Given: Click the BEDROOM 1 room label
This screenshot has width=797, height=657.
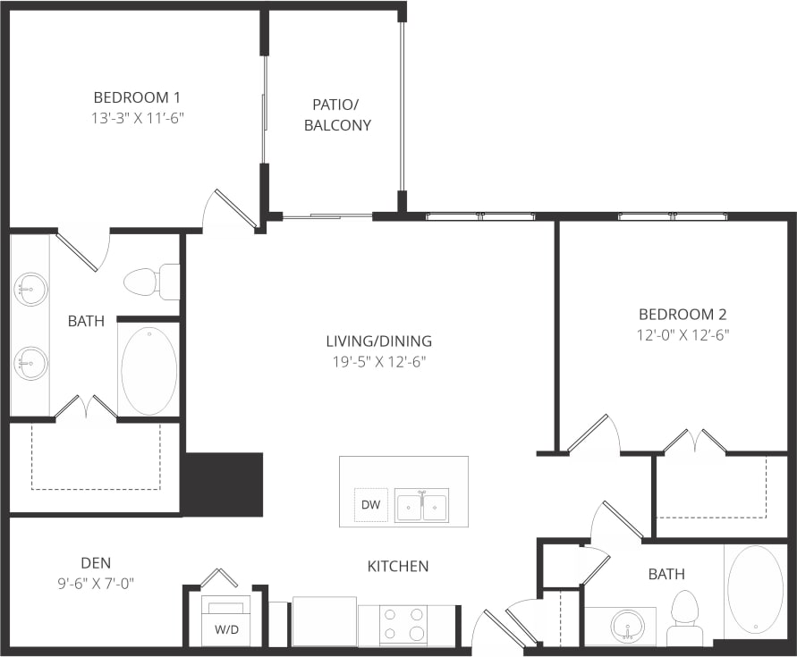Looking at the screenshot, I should [138, 97].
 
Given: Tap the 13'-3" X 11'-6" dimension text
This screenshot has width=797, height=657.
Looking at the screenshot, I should [138, 117].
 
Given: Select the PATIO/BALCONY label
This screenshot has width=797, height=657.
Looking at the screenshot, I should [337, 114].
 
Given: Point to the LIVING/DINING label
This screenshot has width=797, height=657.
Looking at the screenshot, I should [378, 341].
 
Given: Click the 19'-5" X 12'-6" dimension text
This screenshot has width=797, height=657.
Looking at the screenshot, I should [378, 362].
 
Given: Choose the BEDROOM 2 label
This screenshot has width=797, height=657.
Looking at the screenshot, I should [682, 314].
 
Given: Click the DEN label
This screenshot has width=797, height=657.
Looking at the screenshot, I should [96, 562].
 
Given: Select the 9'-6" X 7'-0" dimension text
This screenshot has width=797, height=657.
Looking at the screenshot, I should [96, 584].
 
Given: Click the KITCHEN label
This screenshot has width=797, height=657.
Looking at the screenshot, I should [398, 566].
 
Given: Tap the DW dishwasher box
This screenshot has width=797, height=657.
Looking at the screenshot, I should [371, 506].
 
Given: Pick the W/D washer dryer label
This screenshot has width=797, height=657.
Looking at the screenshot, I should [225, 628].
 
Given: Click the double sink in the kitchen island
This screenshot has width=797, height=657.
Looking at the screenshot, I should [422, 506].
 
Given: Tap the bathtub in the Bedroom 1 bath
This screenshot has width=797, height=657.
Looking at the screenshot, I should [148, 370].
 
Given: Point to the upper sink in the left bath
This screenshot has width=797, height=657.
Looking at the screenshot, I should [31, 289].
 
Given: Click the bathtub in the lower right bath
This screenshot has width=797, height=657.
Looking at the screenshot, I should [755, 590].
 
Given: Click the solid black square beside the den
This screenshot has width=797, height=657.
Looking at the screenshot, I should [223, 484].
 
